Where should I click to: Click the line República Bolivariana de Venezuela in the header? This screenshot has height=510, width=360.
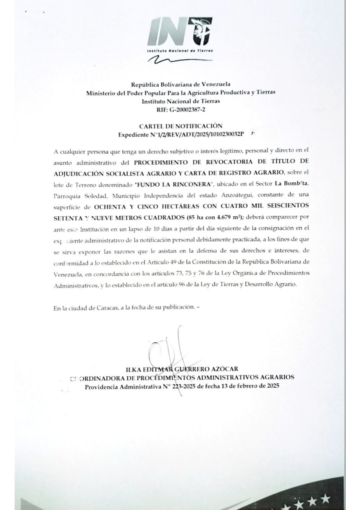tap(181, 85)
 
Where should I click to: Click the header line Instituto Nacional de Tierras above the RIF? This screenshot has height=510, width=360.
tap(181, 101)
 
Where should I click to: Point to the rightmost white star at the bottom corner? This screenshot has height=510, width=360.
tap(326, 498)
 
